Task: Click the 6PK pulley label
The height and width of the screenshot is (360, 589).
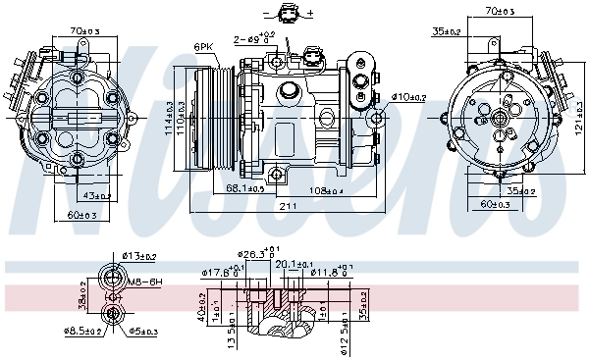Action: coord(204,46)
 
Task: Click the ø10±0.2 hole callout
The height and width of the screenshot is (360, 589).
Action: coord(408,97)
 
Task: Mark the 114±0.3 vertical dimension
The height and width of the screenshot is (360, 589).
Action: coord(170,118)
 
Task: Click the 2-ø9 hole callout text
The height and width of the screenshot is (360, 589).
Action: coord(249,39)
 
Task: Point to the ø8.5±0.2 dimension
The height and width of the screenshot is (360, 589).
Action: coord(85,333)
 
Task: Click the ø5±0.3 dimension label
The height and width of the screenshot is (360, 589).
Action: coord(142,333)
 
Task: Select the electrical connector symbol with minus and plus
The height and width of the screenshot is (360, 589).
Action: coord(288,14)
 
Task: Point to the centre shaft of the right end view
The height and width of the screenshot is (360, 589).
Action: coord(502,118)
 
